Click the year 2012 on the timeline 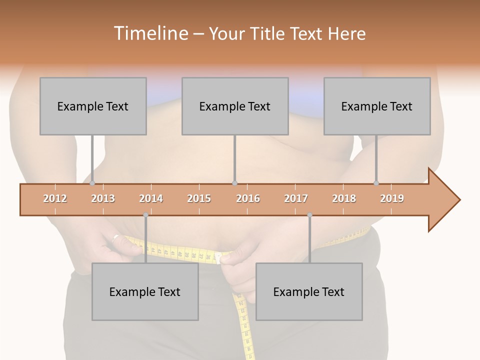[55, 198]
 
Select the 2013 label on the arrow [103, 198]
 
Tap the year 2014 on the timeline [151, 198]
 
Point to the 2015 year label [199, 198]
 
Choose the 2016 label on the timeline [248, 198]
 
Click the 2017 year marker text [296, 198]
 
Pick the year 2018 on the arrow [344, 198]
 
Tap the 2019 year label [392, 198]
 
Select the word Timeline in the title [150, 33]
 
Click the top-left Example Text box [93, 106]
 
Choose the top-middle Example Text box [235, 106]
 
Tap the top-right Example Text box [377, 106]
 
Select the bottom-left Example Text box [145, 291]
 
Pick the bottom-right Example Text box [309, 291]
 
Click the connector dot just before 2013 [92, 183]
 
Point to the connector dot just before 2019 [376, 183]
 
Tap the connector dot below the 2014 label [145, 215]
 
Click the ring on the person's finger [116, 237]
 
